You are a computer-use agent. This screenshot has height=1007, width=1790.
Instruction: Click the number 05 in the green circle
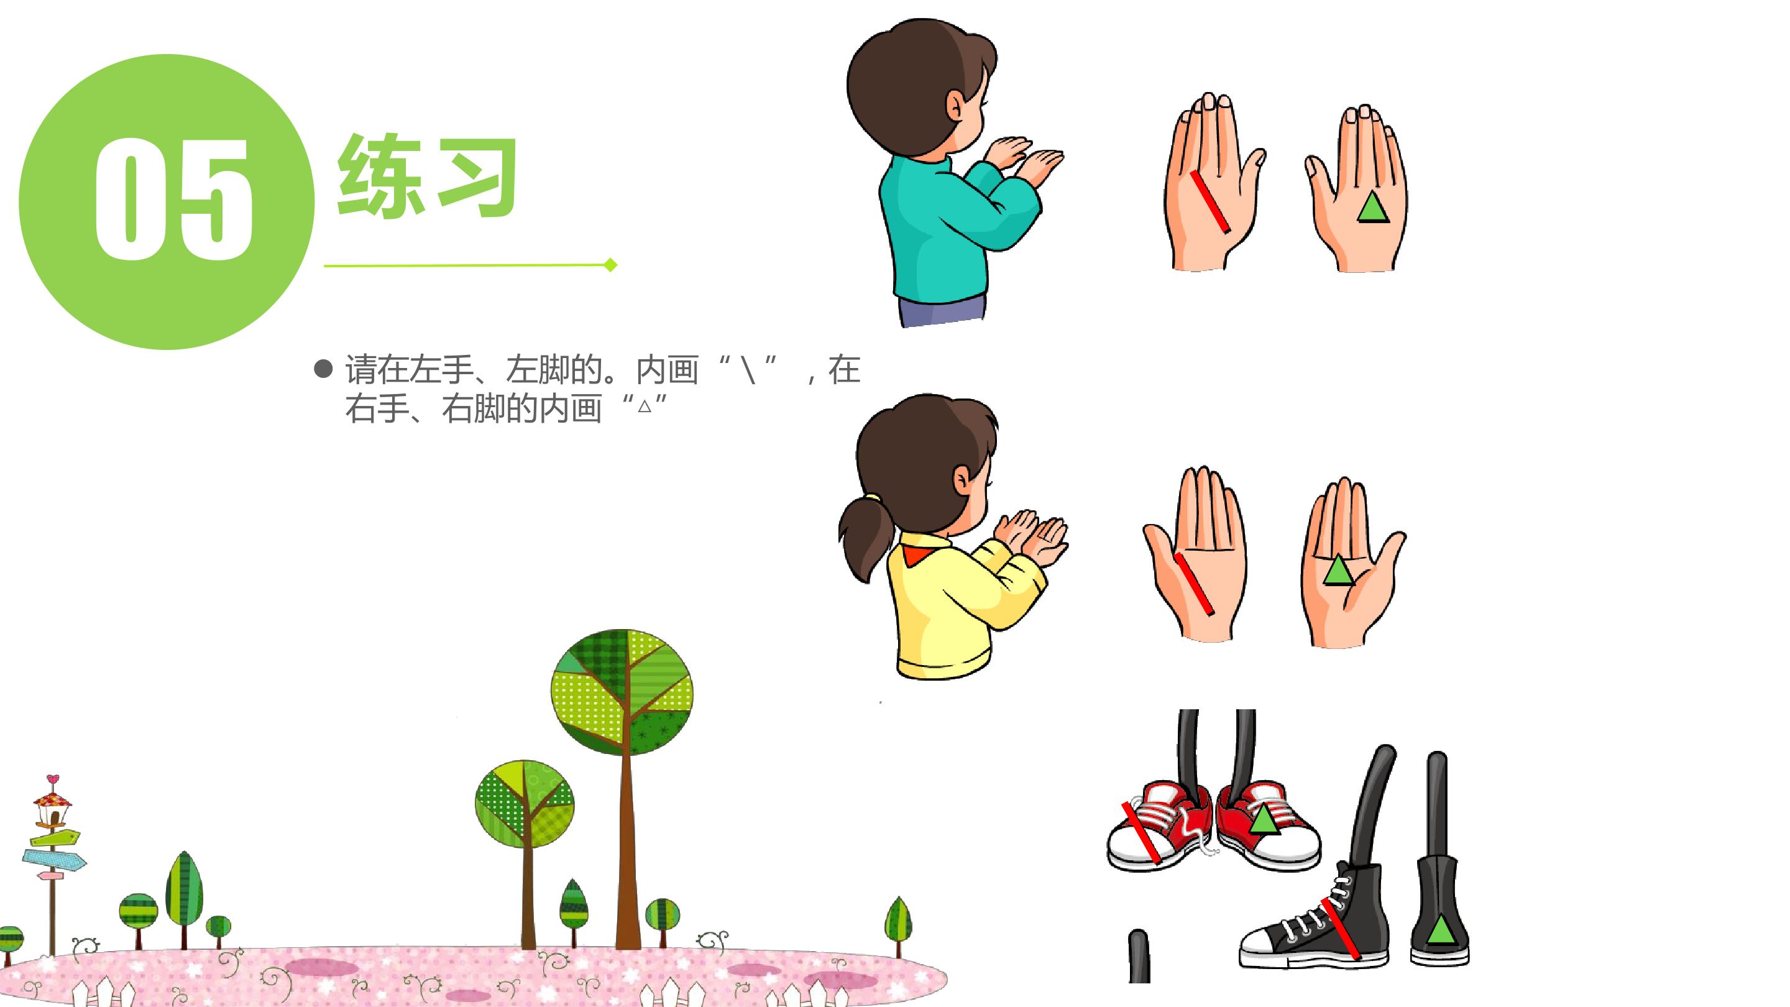coord(173,199)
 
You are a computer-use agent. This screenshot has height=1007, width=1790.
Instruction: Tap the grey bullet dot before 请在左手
coord(323,369)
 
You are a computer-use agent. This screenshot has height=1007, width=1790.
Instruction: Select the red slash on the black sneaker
coord(1341,929)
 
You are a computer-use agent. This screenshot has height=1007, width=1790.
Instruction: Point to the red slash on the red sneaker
coord(1141,832)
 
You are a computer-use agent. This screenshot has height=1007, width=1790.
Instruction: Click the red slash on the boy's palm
coord(1209,201)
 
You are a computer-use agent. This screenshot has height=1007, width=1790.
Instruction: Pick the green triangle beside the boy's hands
coord(1373,208)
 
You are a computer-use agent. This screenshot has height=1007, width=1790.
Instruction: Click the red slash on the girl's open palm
coord(1193,584)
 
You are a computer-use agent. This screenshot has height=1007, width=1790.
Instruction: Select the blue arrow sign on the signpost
coord(54,860)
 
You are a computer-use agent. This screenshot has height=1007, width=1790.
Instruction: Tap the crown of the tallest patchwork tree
coord(622,691)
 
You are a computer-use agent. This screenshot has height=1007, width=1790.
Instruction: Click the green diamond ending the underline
coord(611,265)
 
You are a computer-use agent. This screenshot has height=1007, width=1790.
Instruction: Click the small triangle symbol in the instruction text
coord(644,406)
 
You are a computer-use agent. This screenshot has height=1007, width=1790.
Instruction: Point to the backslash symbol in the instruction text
coord(748,369)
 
